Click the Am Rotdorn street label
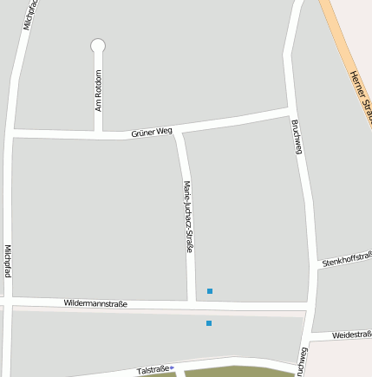pos(99,90)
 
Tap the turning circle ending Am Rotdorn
pos(98,45)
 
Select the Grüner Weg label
pos(152,132)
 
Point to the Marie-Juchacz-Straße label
pos(188,217)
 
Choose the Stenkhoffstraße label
pos(347,259)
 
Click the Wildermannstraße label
pos(95,303)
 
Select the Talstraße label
pos(152,370)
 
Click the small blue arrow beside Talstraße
pos(172,368)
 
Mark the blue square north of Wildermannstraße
pos(209,291)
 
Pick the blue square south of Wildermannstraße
pos(209,323)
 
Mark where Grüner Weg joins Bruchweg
pos(289,113)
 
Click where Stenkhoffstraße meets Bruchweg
pos(314,265)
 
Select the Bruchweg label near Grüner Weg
pos(297,137)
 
